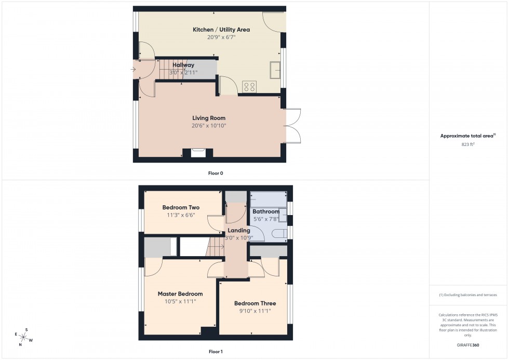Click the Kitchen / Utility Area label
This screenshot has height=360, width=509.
[221, 30]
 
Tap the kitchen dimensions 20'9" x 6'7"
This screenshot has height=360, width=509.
[221, 37]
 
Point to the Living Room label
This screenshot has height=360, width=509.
[209, 118]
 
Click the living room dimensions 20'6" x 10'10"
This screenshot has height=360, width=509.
[209, 126]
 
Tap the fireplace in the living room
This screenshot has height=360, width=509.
[198, 153]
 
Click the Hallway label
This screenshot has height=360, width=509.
[183, 65]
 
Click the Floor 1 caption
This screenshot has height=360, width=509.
[215, 352]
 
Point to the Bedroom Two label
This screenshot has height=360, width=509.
[181, 207]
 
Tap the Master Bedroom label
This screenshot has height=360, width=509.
[180, 294]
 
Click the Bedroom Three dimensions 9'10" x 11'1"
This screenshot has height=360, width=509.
[254, 311]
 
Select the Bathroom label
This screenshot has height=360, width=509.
[265, 211]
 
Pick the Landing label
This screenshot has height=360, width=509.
[239, 230]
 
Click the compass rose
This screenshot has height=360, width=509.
[24, 337]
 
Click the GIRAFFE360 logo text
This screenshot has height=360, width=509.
[468, 344]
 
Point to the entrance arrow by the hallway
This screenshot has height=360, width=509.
[134, 69]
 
